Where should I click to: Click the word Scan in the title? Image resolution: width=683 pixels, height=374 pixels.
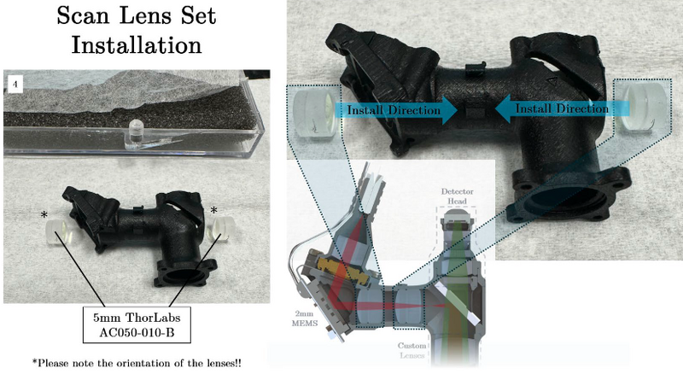click(82, 15)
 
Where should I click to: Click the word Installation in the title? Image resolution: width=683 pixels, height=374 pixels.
click(137, 45)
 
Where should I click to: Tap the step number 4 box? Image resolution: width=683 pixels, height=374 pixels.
click(15, 84)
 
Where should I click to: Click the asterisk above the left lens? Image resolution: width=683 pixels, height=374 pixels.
click(44, 215)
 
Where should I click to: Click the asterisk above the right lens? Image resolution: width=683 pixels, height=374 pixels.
click(213, 211)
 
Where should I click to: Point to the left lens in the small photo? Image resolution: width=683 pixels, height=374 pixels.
click(57, 232)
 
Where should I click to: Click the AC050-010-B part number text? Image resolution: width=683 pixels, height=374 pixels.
click(137, 333)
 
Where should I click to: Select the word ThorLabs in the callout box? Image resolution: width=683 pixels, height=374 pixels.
click(153, 318)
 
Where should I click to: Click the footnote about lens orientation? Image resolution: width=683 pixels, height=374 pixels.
click(137, 363)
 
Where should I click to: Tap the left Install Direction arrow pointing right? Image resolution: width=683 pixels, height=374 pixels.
click(395, 110)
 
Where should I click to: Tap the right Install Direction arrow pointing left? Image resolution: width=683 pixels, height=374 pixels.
click(563, 108)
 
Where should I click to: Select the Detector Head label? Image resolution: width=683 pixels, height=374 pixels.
click(457, 196)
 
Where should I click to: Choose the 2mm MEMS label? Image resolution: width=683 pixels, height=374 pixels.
click(304, 318)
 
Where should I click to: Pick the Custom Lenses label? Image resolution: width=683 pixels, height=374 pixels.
click(412, 350)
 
